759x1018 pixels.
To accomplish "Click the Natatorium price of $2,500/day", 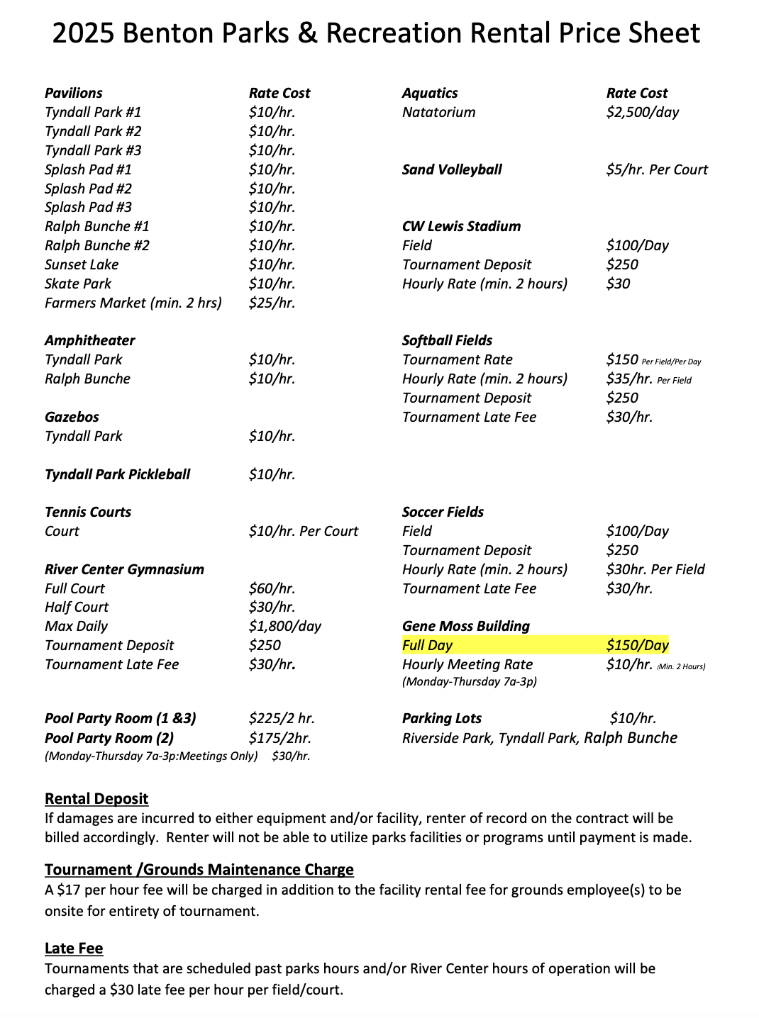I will tap(642, 112).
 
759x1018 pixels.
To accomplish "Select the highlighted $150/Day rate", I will tap(637, 645).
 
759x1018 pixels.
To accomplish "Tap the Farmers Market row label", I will tap(133, 303).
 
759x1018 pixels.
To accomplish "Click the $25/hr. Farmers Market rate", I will tap(272, 303).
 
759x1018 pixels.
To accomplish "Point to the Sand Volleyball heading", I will tap(451, 169).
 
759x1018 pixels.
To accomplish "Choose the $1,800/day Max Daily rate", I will tap(284, 626).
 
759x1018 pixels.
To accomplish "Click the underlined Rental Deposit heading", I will tap(96, 798).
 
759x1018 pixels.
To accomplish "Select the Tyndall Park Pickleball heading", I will tap(117, 474).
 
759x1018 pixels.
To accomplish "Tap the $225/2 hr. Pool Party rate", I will tap(282, 718).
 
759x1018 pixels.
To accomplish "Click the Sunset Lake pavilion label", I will tap(82, 264).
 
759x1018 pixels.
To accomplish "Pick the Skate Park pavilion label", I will tap(78, 284).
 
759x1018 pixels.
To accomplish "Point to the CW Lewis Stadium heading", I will tap(461, 226).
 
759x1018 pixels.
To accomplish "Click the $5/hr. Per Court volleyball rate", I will tap(656, 169).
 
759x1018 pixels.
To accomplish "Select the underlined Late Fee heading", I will tap(74, 949).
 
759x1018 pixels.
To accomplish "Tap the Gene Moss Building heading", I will tap(465, 626).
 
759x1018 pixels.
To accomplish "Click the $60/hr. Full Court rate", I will tap(272, 588).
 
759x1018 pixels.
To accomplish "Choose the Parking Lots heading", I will tap(441, 718).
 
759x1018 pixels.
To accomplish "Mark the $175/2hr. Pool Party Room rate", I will tap(279, 738).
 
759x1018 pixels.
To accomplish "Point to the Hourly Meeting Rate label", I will tap(467, 664).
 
